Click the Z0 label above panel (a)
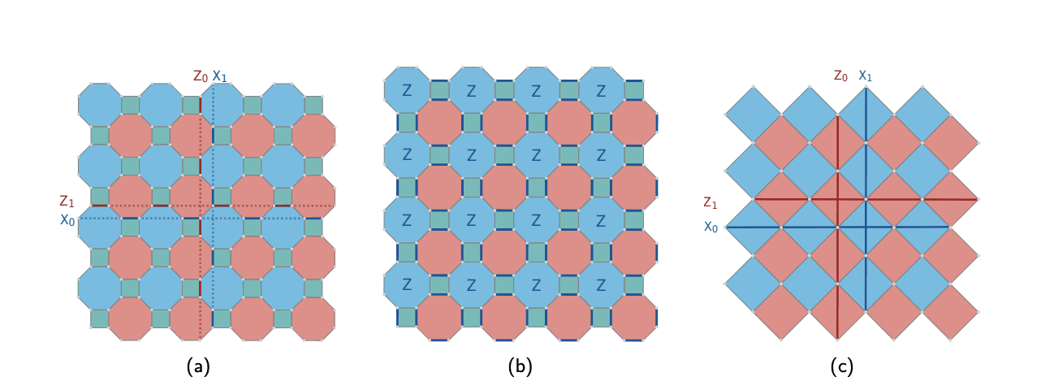[x=201, y=76]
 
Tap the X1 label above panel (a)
[x=219, y=76]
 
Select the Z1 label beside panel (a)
[x=67, y=201]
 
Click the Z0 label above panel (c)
[x=840, y=76]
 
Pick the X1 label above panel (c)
[x=866, y=76]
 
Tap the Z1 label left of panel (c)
[x=711, y=202]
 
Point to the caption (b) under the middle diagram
[x=520, y=366]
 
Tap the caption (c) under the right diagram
[x=841, y=366]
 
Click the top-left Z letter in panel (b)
[x=406, y=92]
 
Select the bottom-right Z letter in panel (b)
[x=601, y=286]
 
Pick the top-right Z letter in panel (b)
[x=601, y=92]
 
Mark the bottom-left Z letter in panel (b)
[x=406, y=286]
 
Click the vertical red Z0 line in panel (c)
[x=837, y=268]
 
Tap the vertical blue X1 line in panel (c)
[x=866, y=268]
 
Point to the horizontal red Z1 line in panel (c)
[x=934, y=198]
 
